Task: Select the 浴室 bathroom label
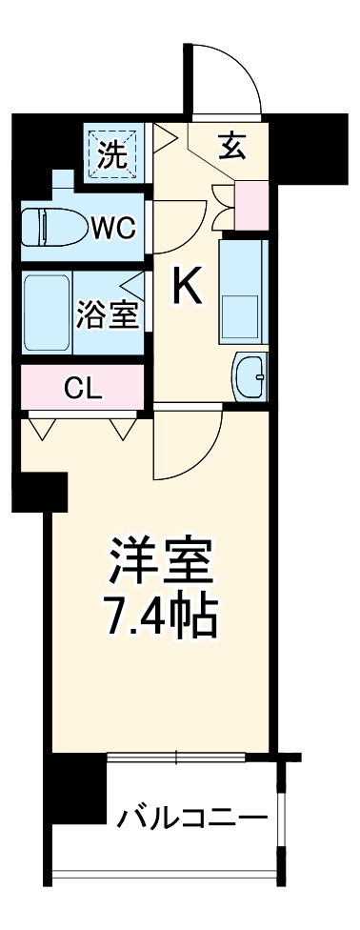110,315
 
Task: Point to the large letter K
188,285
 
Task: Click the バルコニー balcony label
192,818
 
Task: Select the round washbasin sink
252,378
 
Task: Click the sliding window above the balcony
176,758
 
